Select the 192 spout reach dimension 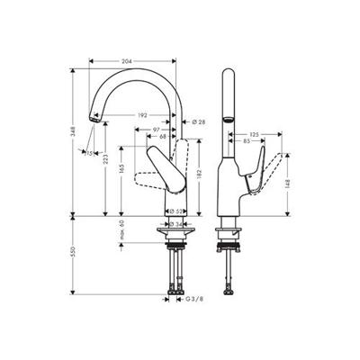(x=141, y=115)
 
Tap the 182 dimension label (x=197, y=174)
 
